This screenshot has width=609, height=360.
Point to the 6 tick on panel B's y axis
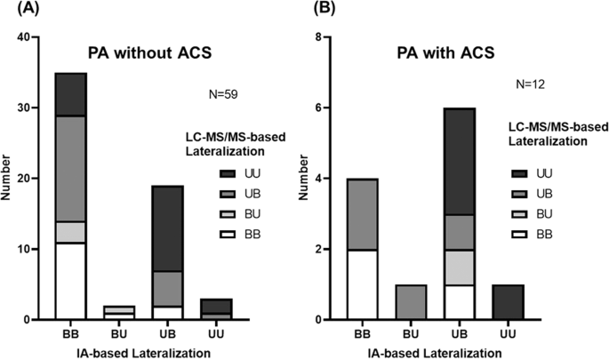click(x=334, y=108)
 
